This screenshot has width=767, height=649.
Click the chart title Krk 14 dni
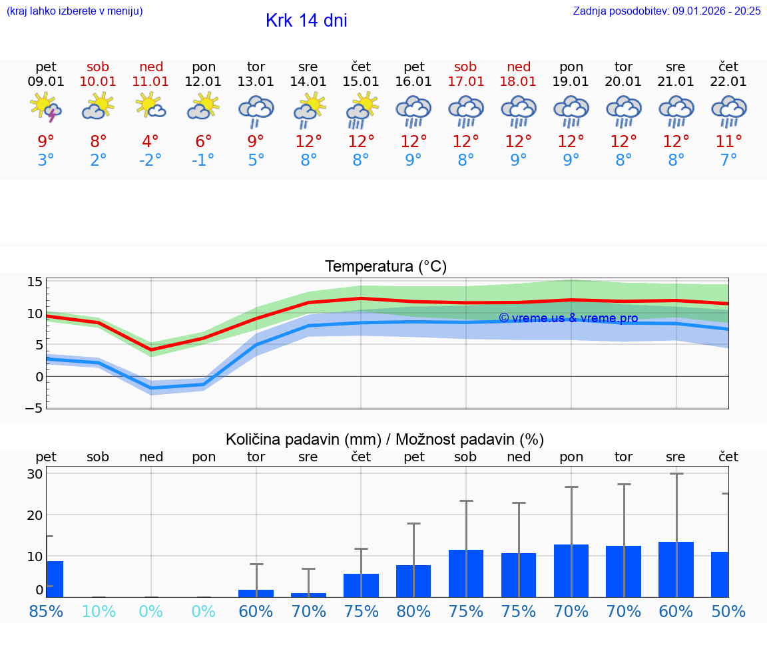(x=306, y=21)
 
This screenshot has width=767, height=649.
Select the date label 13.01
(x=256, y=81)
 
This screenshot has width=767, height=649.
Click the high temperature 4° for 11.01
(x=150, y=141)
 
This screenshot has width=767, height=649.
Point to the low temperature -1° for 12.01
(x=203, y=160)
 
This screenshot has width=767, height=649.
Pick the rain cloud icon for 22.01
(x=728, y=110)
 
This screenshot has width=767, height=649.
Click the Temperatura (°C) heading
(x=385, y=267)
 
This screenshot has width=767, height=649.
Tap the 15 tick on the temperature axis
(x=35, y=282)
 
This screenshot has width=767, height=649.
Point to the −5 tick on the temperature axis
(x=35, y=408)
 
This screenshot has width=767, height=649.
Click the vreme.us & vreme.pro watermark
(x=568, y=318)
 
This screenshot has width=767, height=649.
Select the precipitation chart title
(x=385, y=439)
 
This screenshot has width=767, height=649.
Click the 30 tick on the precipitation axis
(x=35, y=474)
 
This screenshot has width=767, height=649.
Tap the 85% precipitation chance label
(x=46, y=611)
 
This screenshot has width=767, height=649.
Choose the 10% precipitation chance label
(x=99, y=611)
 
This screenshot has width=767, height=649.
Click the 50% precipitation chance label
(x=728, y=611)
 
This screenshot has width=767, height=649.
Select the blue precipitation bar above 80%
(x=413, y=581)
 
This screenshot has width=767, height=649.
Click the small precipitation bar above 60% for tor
(x=256, y=593)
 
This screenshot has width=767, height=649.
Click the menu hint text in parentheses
(x=75, y=11)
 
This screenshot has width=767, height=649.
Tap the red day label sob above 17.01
(x=465, y=67)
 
